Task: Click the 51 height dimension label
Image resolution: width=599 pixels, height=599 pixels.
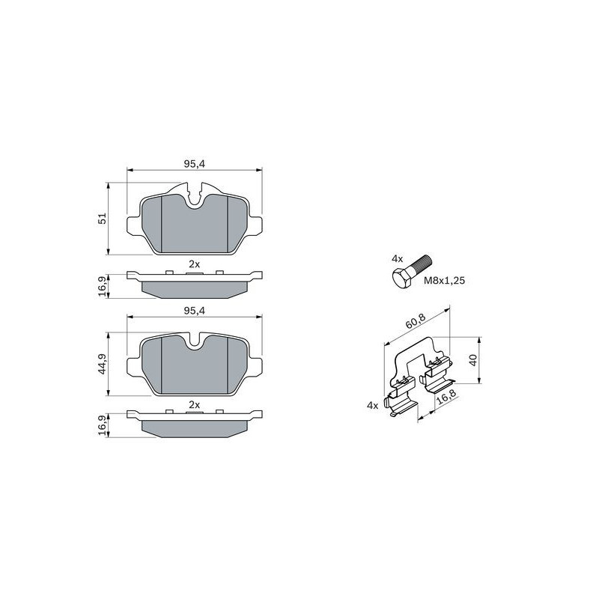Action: point(102,219)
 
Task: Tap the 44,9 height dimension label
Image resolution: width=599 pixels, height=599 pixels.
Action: point(102,365)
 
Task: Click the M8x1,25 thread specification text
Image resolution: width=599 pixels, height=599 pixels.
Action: point(444,281)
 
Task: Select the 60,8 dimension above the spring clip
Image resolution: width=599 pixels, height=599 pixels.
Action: point(416,321)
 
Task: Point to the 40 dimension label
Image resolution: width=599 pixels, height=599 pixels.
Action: point(473,360)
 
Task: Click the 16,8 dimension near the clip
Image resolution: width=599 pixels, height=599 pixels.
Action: point(446,397)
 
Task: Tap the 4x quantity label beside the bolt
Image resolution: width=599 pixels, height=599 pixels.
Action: point(397,259)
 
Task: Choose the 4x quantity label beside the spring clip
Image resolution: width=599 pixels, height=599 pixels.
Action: point(372,405)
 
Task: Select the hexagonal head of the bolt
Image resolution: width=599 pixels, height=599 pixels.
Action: point(402,278)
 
